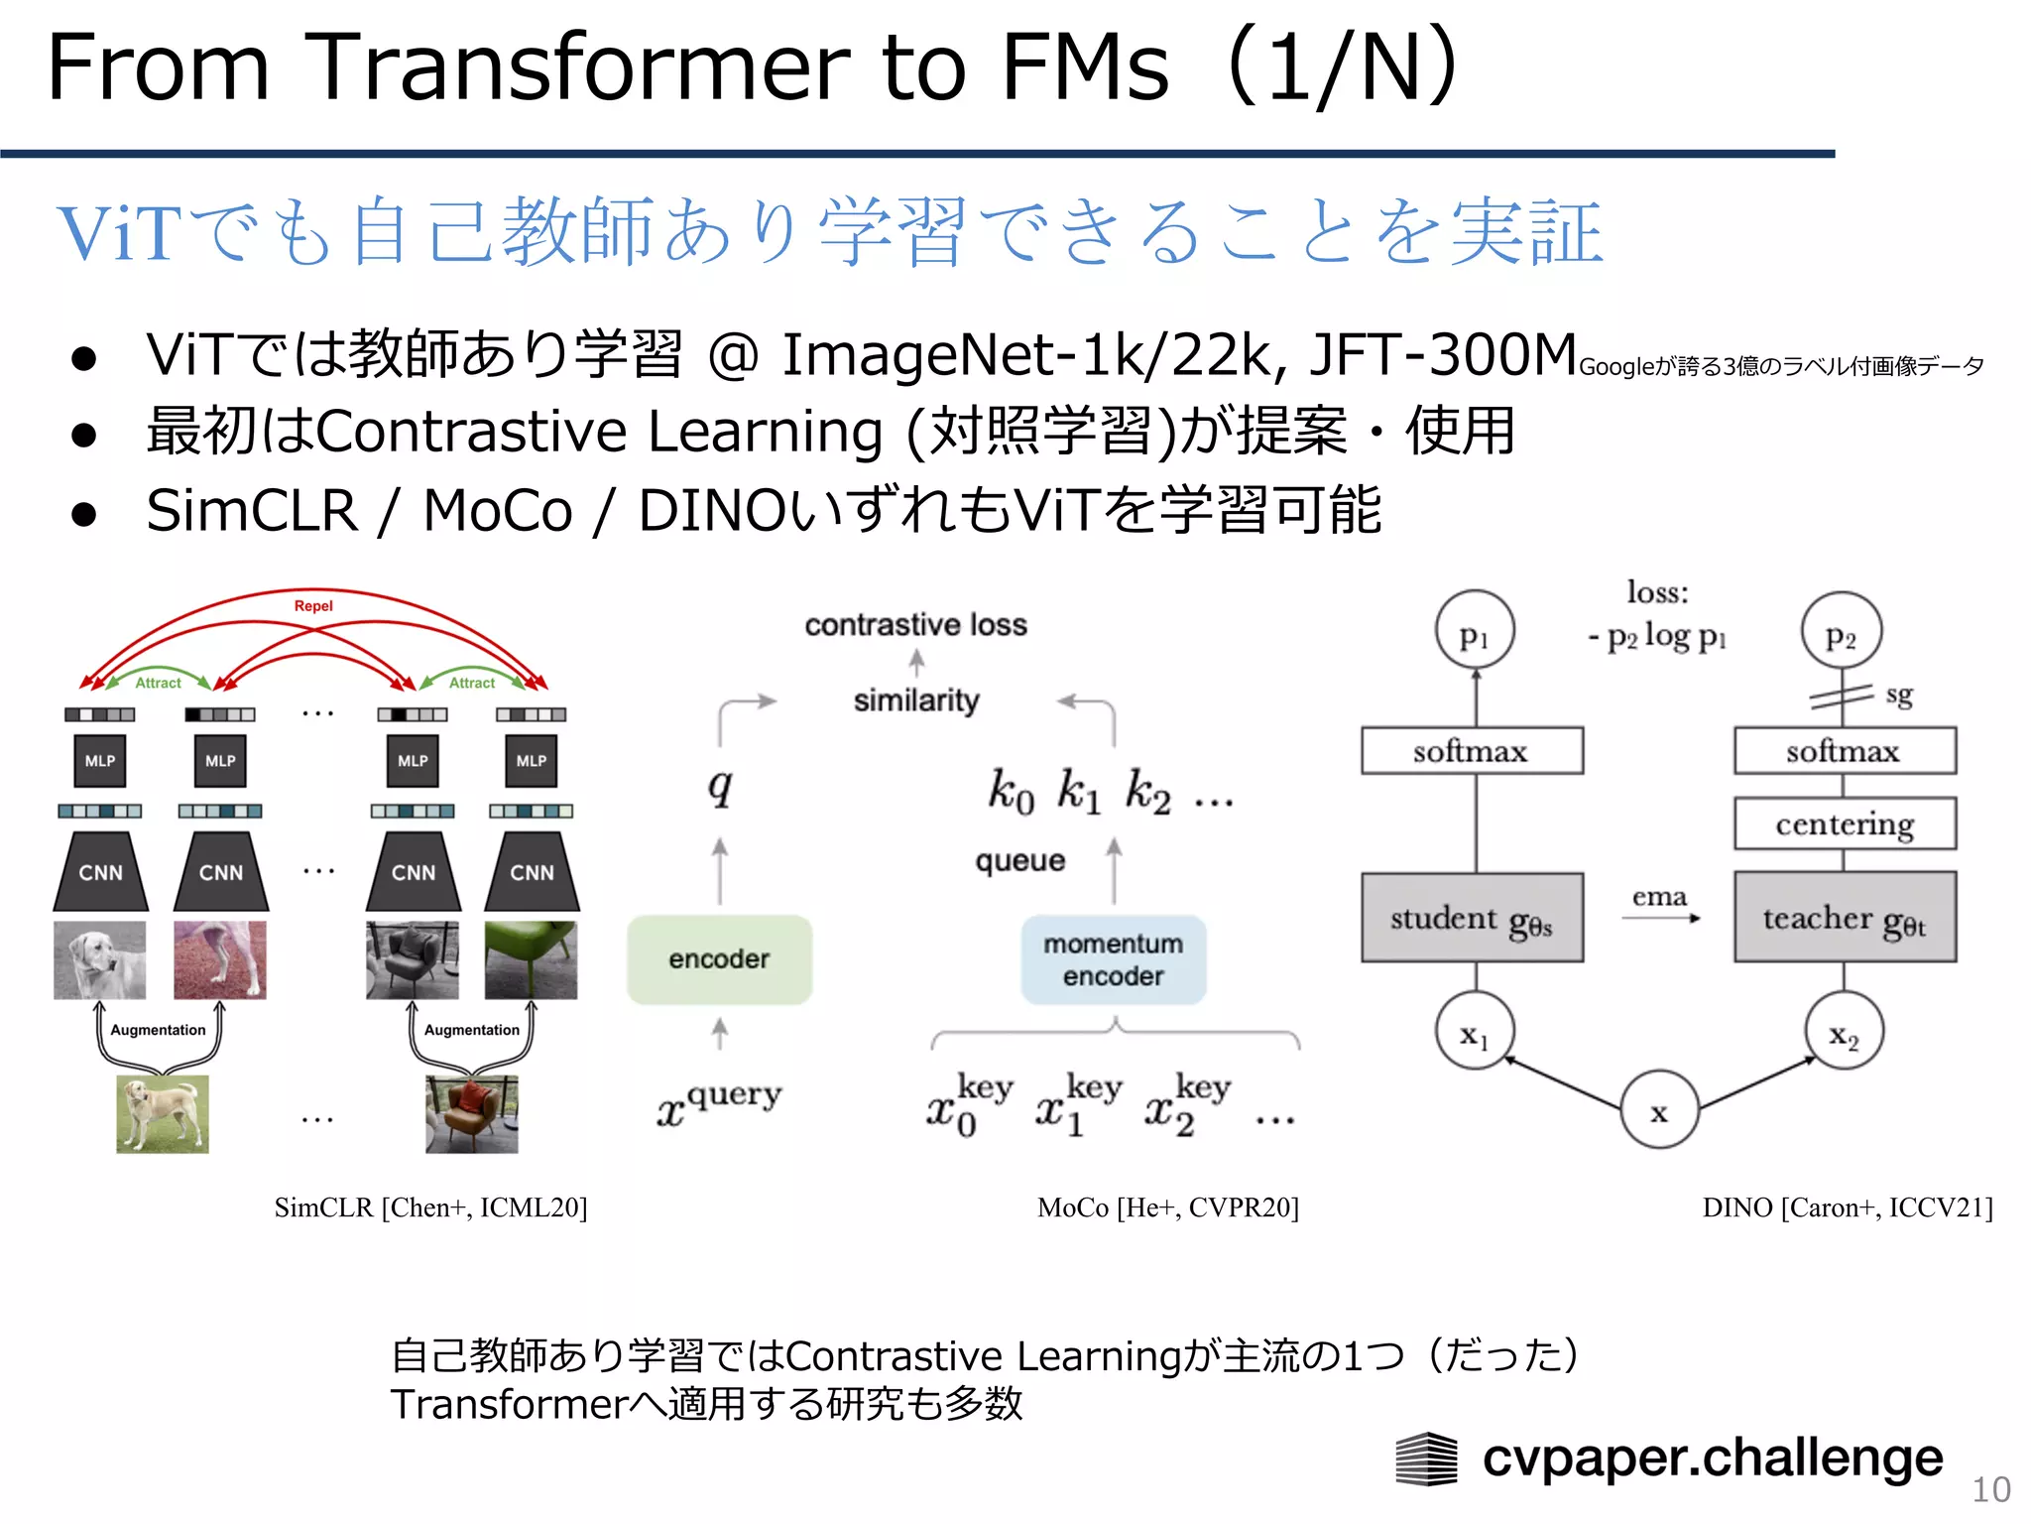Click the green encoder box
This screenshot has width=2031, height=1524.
(719, 958)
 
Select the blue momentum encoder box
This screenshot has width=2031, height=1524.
(1113, 958)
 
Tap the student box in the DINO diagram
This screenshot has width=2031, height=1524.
(1472, 918)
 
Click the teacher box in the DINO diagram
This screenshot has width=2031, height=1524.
(1845, 918)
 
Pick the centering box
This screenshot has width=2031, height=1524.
(1845, 824)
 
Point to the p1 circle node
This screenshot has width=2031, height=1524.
(1475, 631)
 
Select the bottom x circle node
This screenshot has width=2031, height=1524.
(1659, 1109)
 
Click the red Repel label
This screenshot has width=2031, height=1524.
(313, 605)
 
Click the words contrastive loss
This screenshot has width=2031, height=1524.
(915, 625)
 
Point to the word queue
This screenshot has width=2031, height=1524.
(1019, 860)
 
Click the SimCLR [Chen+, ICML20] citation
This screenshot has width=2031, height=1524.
(430, 1207)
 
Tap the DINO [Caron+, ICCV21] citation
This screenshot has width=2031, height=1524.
(1847, 1207)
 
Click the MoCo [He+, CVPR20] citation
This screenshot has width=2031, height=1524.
(1167, 1207)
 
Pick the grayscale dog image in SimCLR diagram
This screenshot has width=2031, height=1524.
(99, 959)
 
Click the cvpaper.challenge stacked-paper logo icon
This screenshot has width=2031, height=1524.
(1426, 1459)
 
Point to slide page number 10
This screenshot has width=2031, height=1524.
(1990, 1489)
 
